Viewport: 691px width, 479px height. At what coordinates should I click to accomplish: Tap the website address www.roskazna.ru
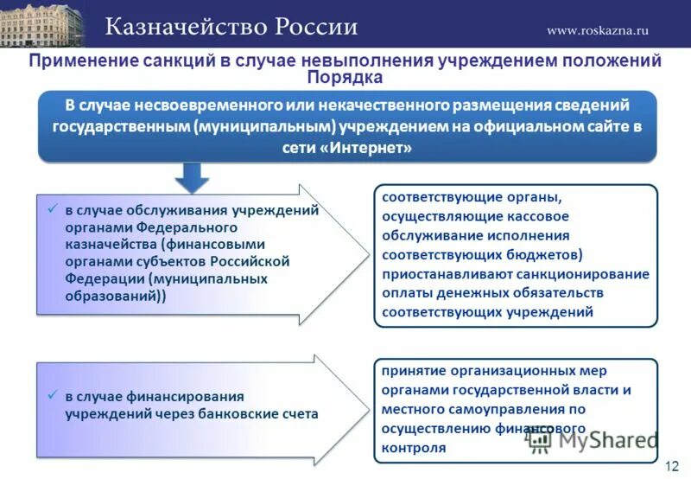(x=597, y=30)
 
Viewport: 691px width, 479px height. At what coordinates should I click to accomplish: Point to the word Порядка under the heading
(x=345, y=78)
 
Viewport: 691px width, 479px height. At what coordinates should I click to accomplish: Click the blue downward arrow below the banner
(x=193, y=177)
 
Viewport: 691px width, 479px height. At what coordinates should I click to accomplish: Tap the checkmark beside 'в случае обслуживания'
(x=52, y=209)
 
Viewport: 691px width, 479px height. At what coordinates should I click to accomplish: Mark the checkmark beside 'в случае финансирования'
(x=52, y=395)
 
